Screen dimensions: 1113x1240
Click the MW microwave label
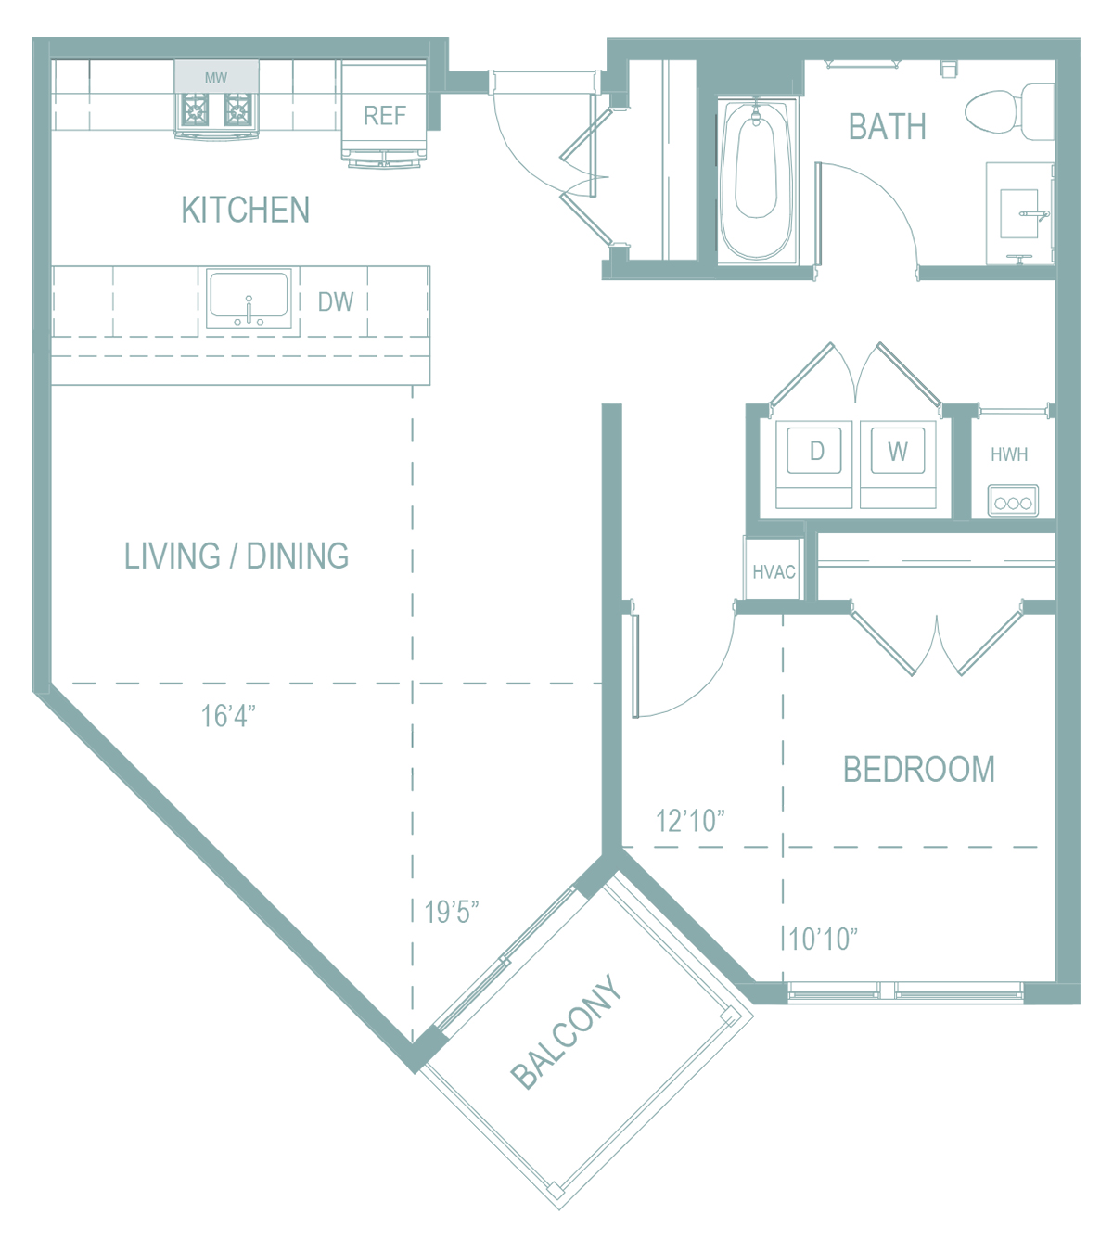tap(216, 78)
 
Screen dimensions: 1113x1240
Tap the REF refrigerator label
tap(385, 116)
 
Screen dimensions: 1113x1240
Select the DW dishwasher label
tap(336, 301)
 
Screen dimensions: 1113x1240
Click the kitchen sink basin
tap(249, 299)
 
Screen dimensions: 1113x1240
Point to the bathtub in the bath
tap(757, 182)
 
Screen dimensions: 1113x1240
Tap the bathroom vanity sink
tap(1019, 213)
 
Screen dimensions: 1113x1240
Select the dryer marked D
tap(813, 465)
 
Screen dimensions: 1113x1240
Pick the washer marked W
tap(898, 465)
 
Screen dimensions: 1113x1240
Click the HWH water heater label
tap(1009, 454)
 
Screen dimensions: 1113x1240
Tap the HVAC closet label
tap(774, 571)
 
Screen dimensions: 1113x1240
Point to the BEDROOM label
tap(919, 770)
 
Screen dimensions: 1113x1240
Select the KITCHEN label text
tap(246, 210)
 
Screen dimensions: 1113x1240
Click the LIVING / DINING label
tap(237, 556)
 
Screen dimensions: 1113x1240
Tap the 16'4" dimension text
tap(228, 716)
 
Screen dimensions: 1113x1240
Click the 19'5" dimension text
tap(451, 912)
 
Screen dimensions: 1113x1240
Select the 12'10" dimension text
tap(691, 822)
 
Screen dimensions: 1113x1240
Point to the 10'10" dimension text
tap(823, 940)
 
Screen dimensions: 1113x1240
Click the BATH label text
tap(887, 127)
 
